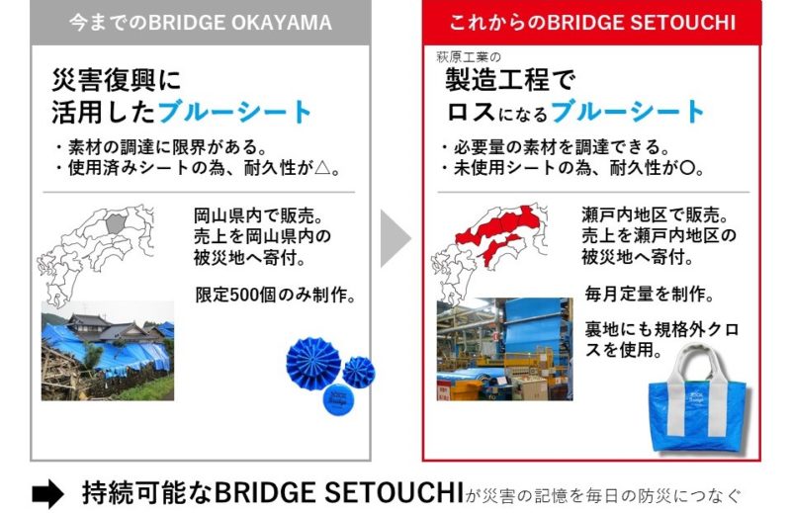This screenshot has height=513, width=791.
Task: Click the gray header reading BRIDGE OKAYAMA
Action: tap(201, 23)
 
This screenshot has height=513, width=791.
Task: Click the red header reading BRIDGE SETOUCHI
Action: tap(591, 23)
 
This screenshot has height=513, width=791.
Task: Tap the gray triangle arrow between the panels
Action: tap(396, 238)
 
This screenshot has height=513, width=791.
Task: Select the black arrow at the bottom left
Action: tap(47, 494)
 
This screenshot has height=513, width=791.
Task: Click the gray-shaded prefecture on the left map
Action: tap(116, 223)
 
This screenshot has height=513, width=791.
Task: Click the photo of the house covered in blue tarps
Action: tap(108, 351)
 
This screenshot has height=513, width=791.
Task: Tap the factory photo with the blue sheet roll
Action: tap(504, 349)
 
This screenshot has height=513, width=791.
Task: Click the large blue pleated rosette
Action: tap(313, 363)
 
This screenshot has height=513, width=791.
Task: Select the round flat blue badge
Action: tap(338, 400)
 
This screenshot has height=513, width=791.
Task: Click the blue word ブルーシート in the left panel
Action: tap(234, 112)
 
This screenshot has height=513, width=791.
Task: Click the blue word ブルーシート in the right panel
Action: tap(628, 112)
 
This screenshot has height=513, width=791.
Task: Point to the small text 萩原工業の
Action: tap(469, 57)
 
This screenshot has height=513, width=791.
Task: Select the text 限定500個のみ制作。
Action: tap(276, 295)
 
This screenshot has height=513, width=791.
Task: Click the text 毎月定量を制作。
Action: tap(650, 294)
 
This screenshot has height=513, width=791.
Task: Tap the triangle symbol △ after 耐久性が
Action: tap(323, 167)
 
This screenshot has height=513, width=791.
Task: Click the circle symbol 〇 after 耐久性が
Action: tap(688, 167)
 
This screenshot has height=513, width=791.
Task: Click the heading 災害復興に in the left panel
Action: tap(117, 80)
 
